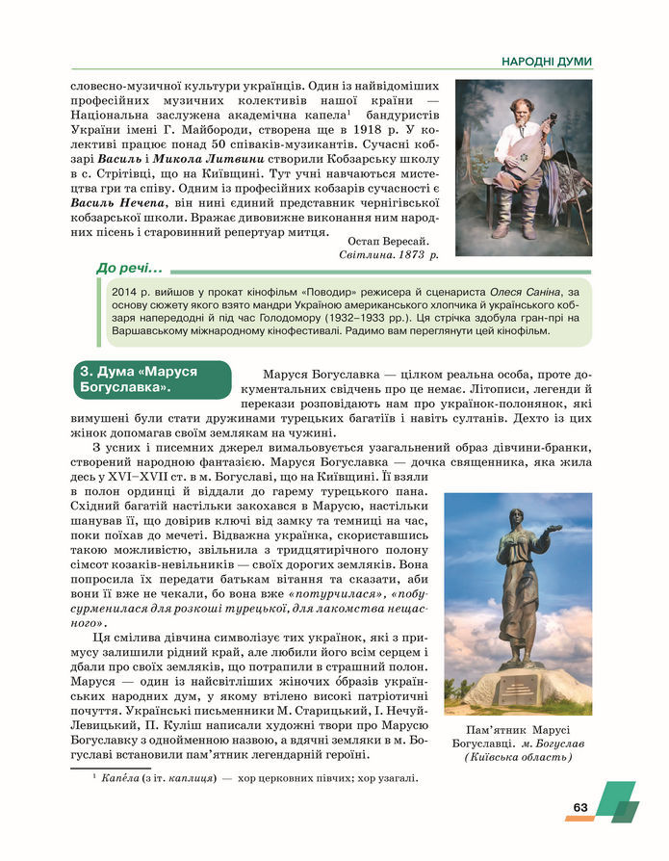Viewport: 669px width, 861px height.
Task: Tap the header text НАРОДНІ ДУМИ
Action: coord(546,62)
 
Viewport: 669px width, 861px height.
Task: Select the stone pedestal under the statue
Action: coord(517,688)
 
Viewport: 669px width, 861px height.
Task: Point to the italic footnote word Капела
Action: coord(119,778)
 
